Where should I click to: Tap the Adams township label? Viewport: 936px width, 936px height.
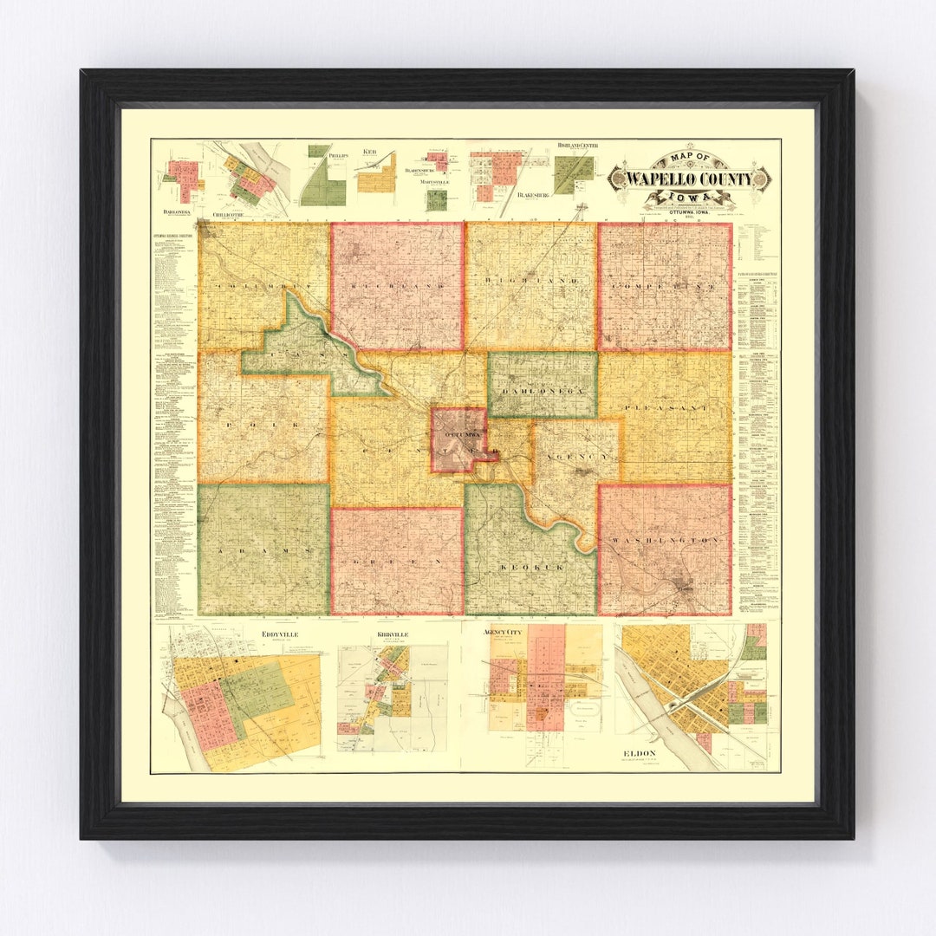coord(265,551)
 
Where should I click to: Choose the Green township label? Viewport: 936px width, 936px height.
coord(397,562)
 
